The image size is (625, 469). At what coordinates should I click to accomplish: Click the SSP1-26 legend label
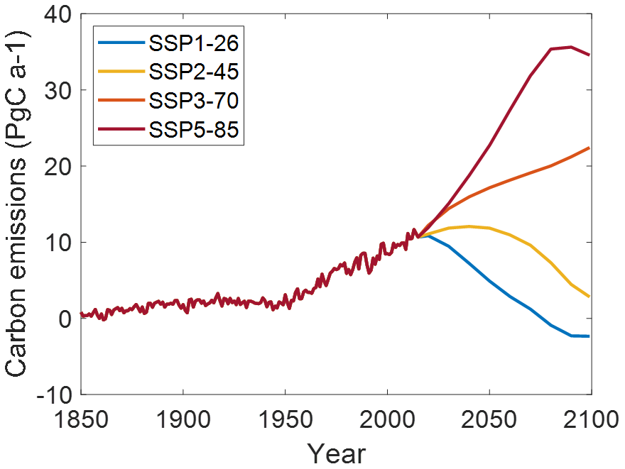tap(192, 44)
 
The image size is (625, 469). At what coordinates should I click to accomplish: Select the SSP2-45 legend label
tap(192, 72)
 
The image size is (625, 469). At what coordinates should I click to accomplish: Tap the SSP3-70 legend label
tap(192, 101)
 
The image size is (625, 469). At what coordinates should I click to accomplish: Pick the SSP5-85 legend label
tap(192, 129)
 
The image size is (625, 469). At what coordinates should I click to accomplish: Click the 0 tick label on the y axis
tap(65, 318)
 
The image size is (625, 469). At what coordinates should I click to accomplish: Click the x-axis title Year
tap(336, 452)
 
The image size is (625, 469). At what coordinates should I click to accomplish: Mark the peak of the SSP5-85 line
tap(571, 47)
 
